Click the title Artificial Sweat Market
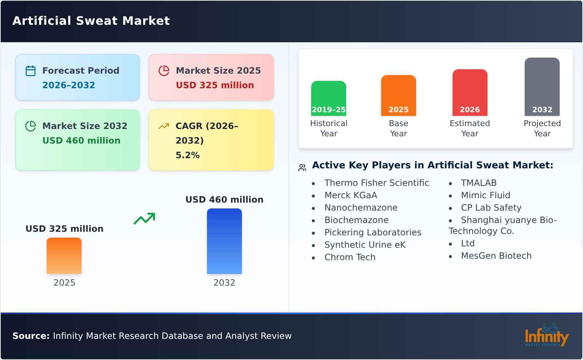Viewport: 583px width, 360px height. click(x=91, y=21)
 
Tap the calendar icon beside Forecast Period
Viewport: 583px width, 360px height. click(x=31, y=71)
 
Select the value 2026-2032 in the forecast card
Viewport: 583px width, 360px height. click(x=69, y=85)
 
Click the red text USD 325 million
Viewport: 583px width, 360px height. click(x=215, y=85)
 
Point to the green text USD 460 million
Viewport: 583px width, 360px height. click(x=81, y=141)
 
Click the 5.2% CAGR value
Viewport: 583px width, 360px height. click(x=187, y=155)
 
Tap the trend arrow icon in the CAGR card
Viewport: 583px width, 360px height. click(x=164, y=126)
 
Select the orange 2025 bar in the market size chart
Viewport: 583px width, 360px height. click(x=64, y=256)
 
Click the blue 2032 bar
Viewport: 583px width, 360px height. click(x=224, y=241)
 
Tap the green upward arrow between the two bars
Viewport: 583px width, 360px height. click(x=144, y=219)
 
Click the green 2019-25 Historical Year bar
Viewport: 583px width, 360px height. click(x=328, y=98)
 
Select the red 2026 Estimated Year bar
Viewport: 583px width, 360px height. click(x=470, y=93)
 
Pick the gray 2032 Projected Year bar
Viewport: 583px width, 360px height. click(x=542, y=87)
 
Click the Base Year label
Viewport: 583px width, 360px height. click(x=398, y=128)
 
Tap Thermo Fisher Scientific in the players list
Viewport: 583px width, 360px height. click(x=376, y=183)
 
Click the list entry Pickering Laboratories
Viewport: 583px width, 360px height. click(x=372, y=232)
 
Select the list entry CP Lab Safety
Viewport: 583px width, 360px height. click(x=491, y=208)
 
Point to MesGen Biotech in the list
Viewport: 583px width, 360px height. click(x=496, y=256)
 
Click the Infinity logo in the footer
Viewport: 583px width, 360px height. click(x=546, y=335)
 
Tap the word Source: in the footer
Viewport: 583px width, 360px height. click(x=31, y=336)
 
